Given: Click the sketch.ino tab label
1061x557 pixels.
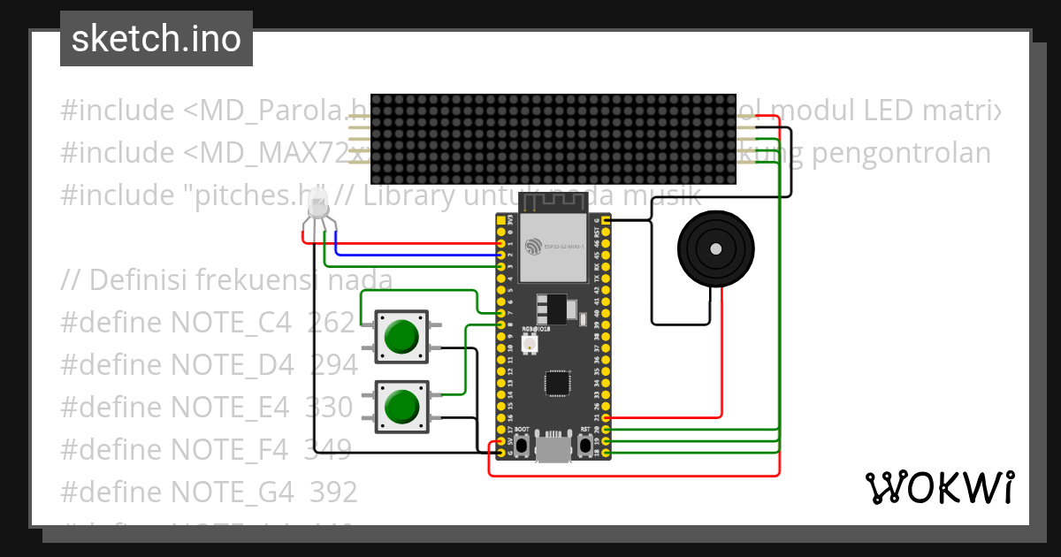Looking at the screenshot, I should pyautogui.click(x=156, y=39).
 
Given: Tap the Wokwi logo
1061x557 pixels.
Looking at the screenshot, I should pyautogui.click(x=938, y=488).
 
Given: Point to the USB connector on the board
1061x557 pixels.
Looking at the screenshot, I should pyautogui.click(x=553, y=448).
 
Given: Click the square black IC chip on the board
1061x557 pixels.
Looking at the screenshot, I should pyautogui.click(x=558, y=383).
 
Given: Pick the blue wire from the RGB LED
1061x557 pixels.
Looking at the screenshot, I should pyautogui.click(x=416, y=254).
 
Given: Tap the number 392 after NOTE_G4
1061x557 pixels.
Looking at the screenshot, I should pyautogui.click(x=333, y=491).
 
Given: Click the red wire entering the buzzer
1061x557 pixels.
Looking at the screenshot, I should pyautogui.click(x=722, y=354).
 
